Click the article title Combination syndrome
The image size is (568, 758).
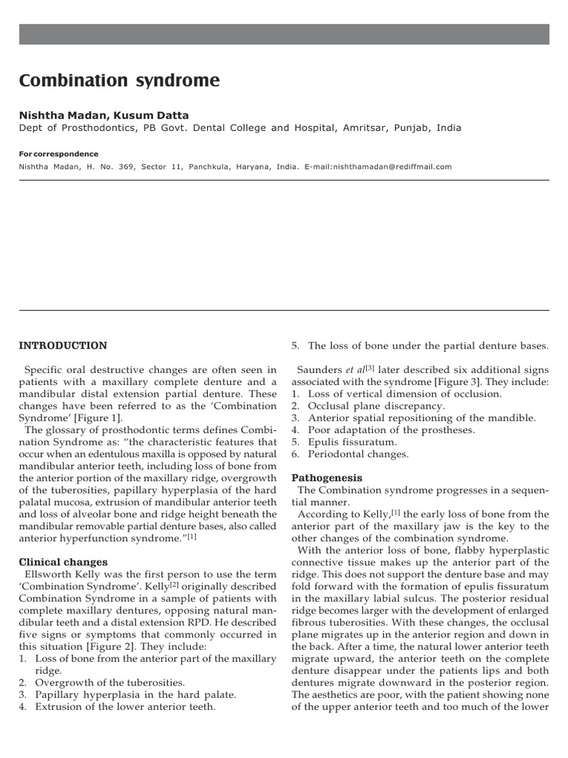pos(119,81)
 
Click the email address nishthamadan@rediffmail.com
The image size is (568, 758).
pos(393,167)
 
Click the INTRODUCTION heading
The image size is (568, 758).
pos(63,346)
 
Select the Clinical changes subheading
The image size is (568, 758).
pos(63,562)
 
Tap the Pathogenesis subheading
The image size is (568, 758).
pos(327,477)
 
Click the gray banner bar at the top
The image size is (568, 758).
pos(284,34)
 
